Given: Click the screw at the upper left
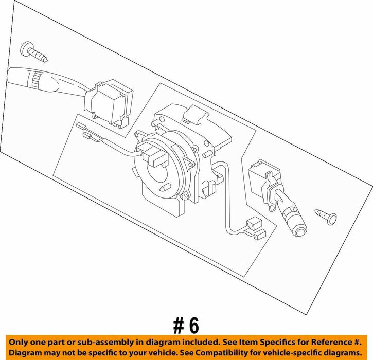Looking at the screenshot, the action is pyautogui.click(x=34, y=52).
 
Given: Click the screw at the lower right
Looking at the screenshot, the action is pyautogui.click(x=326, y=217).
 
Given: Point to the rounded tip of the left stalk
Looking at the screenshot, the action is pyautogui.click(x=11, y=75).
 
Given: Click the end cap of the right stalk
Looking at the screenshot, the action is pyautogui.click(x=299, y=230).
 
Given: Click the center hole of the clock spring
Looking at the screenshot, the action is pyautogui.click(x=160, y=171).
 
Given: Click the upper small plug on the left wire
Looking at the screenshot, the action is pyautogui.click(x=81, y=126).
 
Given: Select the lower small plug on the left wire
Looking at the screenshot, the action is pyautogui.click(x=87, y=136).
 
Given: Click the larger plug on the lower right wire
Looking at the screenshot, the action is pyautogui.click(x=255, y=224).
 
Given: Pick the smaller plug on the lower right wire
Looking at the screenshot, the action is pyautogui.click(x=260, y=235).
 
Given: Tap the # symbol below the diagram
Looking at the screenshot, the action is pyautogui.click(x=179, y=326).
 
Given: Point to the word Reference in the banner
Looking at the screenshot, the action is pyautogui.click(x=331, y=342).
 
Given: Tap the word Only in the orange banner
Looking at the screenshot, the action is pyautogui.click(x=17, y=343).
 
